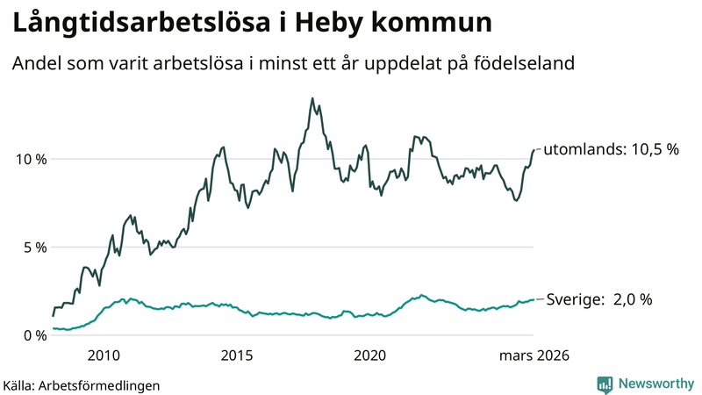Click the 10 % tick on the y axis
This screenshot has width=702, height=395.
[x=29, y=159]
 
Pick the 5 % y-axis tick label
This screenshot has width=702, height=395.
[x=33, y=247]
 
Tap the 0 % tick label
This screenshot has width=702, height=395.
[x=33, y=335]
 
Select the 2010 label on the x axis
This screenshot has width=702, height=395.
[x=103, y=356]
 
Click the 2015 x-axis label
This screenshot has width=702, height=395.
[x=236, y=356]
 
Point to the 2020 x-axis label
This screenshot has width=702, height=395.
[x=369, y=356]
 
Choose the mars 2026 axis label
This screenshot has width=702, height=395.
[x=534, y=356]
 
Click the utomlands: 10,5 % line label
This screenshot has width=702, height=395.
[x=612, y=150]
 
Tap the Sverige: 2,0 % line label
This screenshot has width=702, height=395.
[x=599, y=299]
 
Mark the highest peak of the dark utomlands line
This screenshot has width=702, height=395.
[x=312, y=98]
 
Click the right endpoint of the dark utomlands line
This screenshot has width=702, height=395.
[x=534, y=150]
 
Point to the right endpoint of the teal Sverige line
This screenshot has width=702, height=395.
[x=534, y=299]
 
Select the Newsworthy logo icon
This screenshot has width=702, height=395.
[x=605, y=384]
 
